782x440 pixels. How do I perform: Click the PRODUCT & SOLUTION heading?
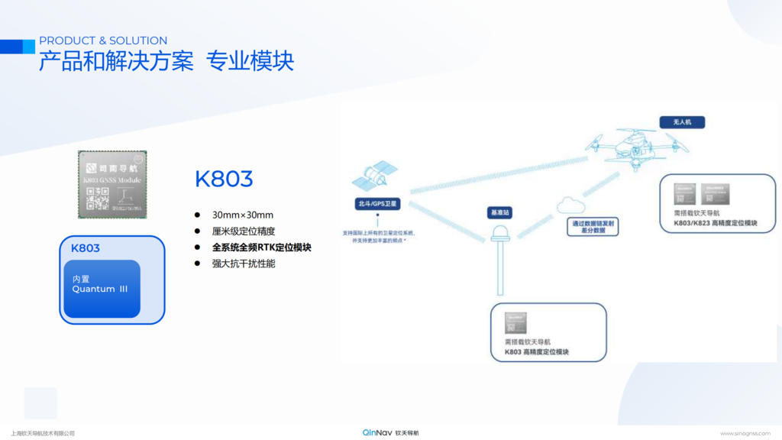[x=103, y=40]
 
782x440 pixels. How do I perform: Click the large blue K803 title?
[x=224, y=180]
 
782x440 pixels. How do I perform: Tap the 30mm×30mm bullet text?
[x=243, y=215]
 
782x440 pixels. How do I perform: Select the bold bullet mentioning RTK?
[x=262, y=247]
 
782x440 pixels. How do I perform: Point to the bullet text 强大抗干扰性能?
[x=244, y=264]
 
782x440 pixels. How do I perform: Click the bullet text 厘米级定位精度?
[x=244, y=231]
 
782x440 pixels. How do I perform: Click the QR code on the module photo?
[x=97, y=198]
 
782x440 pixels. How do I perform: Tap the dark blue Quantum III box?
[x=102, y=289]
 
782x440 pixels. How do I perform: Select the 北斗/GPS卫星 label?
[x=376, y=204]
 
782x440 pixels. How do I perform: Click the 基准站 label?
[x=499, y=213]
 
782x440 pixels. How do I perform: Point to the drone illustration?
[x=636, y=147]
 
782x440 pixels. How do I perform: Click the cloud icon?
[x=570, y=205]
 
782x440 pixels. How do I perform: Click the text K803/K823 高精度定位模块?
[x=715, y=223]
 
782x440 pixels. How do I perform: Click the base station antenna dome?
[x=501, y=233]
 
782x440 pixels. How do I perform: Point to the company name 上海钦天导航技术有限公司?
[x=43, y=433]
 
